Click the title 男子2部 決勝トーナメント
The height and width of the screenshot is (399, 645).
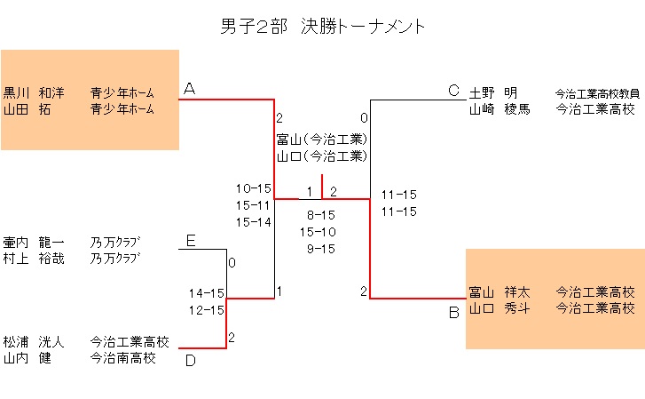323,27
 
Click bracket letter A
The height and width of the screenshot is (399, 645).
189,89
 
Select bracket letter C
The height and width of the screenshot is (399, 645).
453,91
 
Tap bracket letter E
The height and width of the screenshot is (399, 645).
190,241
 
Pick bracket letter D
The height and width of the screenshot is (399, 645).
190,360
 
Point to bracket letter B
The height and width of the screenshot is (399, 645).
453,312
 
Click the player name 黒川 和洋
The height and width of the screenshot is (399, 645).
34,92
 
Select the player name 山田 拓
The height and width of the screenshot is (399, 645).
27,109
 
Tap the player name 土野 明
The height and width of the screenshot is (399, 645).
493,92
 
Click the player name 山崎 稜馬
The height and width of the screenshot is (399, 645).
499,109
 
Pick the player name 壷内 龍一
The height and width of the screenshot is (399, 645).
34,242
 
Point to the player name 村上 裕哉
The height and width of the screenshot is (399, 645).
34,259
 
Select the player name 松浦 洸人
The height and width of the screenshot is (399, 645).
34,341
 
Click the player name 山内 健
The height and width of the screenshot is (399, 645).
27,358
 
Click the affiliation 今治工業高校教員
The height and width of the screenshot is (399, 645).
595,92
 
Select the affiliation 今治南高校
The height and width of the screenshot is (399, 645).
123,358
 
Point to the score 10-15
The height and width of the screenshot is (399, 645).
253,188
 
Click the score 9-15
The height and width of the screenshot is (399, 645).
320,249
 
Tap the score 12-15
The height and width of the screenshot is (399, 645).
206,309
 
